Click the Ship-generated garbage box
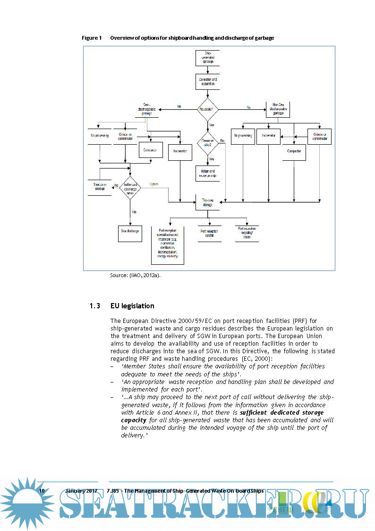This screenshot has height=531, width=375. [x=208, y=58]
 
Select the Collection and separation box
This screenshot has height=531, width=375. [x=208, y=81]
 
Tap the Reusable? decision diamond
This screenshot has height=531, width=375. [x=208, y=109]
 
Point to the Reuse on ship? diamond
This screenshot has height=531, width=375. [x=208, y=143]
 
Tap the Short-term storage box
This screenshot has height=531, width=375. [x=100, y=186]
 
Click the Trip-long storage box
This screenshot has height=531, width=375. [x=208, y=202]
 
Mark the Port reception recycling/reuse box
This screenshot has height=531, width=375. [x=247, y=233]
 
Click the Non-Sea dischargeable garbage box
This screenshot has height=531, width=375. [x=278, y=109]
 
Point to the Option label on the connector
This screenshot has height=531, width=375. [x=154, y=184]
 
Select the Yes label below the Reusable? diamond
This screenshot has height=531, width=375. [x=211, y=125]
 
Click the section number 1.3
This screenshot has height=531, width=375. [x=94, y=306]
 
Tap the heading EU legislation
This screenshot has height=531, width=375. [x=132, y=306]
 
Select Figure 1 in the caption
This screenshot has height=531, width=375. [x=92, y=38]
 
